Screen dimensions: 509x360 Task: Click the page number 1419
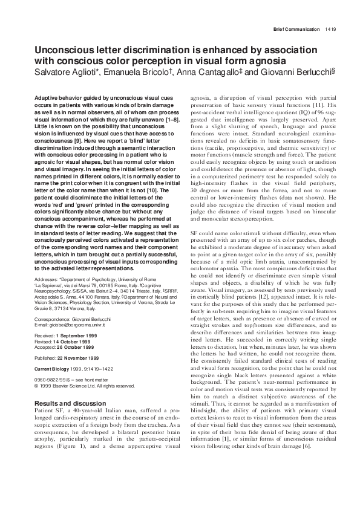coord(330,28)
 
